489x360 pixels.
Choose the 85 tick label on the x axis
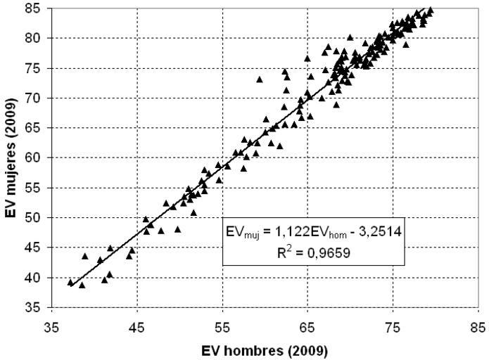[478, 328]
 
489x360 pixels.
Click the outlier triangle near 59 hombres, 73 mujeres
[260, 79]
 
